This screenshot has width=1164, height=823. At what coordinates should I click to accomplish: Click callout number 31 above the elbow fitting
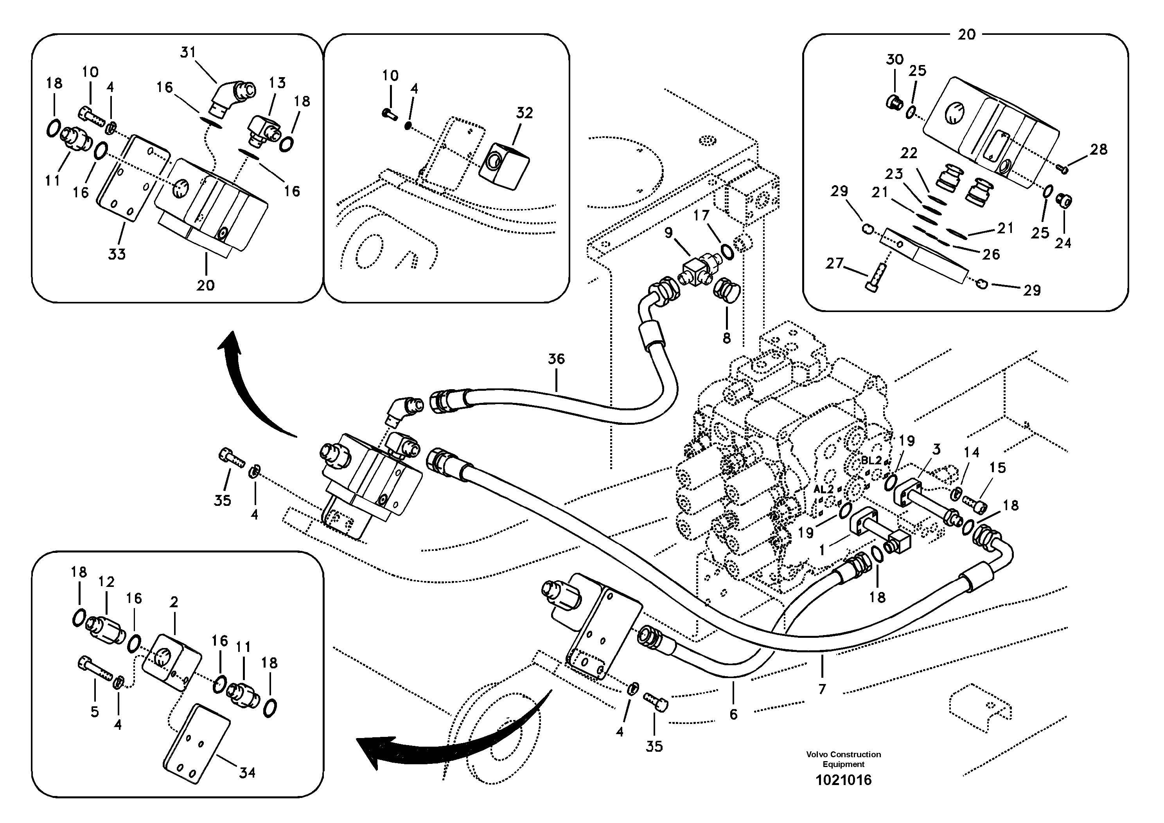tap(188, 52)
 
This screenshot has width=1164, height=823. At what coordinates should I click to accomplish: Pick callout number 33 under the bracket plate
tap(117, 254)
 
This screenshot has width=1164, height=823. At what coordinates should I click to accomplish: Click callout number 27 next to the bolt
tap(834, 264)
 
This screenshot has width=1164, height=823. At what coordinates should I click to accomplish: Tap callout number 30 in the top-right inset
tap(895, 60)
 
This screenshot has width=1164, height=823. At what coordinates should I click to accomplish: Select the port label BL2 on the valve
tap(871, 461)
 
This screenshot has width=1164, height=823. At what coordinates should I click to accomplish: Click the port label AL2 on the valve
tap(823, 490)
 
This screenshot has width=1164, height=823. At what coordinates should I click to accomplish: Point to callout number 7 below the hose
tap(822, 689)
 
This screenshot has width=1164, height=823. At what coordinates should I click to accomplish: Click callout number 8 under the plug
tap(726, 338)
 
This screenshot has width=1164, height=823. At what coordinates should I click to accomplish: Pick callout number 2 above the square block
tap(174, 602)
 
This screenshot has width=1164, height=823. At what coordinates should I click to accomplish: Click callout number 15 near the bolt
tap(997, 467)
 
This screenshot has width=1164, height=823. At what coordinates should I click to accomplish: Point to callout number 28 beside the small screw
tap(1099, 150)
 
